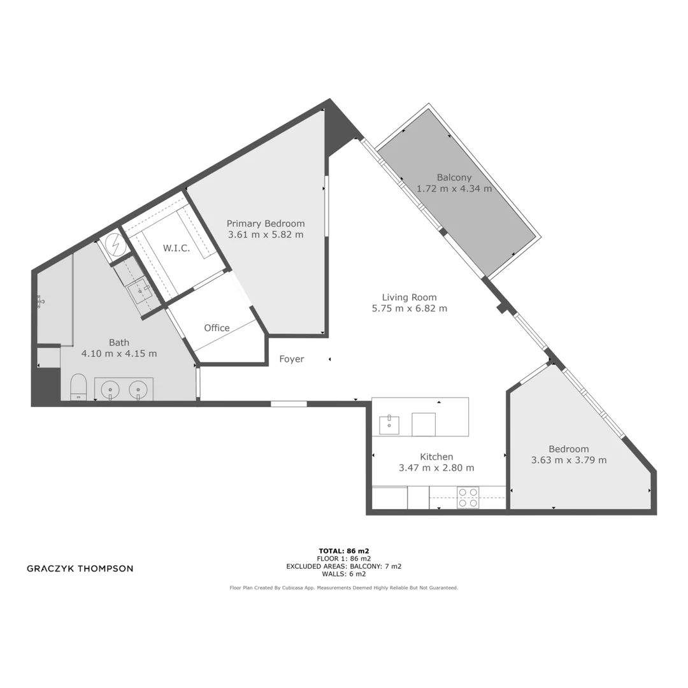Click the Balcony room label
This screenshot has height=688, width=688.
tap(454, 178)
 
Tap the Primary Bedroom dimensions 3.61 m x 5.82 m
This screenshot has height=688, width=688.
tap(266, 234)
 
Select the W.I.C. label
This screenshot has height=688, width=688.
tap(176, 248)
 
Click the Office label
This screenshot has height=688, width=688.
tap(217, 328)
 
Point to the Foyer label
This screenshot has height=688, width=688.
tap(292, 359)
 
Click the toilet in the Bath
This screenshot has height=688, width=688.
tap(78, 387)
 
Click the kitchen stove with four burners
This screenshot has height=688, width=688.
tap(468, 498)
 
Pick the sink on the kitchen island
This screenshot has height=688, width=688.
tap(389, 424)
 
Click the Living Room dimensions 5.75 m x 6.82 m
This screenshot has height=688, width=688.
tap(410, 308)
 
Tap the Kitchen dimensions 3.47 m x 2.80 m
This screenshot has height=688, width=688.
tap(436, 468)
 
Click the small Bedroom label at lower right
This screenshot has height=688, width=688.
tap(569, 449)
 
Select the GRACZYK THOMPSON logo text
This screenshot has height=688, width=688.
tap(80, 568)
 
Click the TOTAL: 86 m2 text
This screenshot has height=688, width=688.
tap(344, 550)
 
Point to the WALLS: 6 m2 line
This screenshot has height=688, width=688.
tap(344, 573)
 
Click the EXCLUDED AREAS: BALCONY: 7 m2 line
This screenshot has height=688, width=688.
tap(344, 566)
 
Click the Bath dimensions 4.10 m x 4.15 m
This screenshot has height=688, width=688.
tap(119, 353)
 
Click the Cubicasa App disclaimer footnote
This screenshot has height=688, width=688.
tap(344, 588)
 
